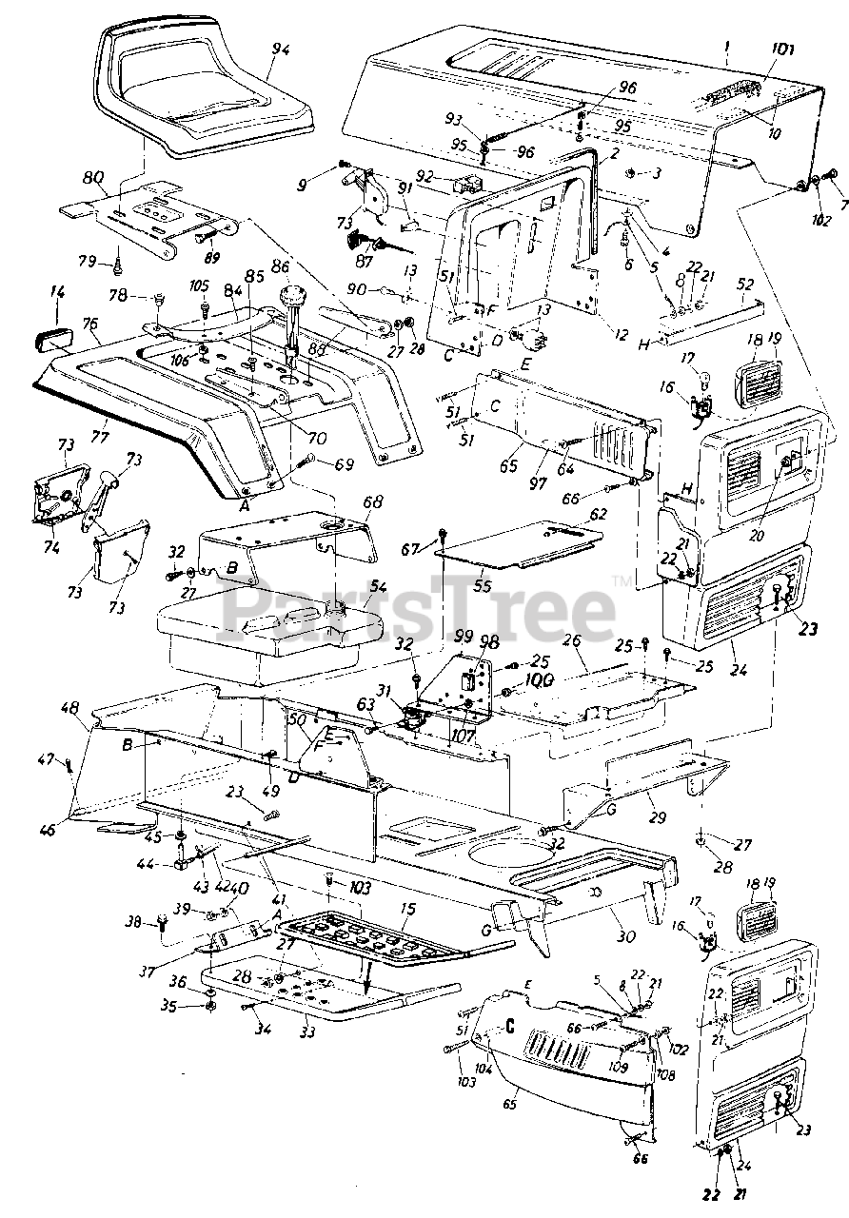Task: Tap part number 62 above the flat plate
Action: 597,515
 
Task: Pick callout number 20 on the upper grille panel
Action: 756,535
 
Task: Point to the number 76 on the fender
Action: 91,324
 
